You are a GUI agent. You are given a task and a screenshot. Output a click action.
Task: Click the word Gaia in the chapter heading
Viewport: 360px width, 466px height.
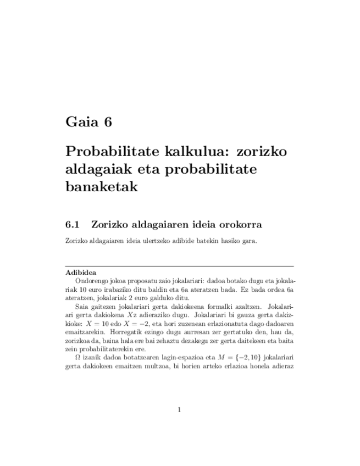tap(80, 121)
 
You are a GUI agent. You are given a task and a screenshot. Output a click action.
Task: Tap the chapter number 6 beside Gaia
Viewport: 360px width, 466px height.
tap(108, 121)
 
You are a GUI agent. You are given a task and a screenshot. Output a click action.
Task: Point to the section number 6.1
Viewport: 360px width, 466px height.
tap(73, 225)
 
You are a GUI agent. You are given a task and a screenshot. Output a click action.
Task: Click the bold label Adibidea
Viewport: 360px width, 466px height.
tap(81, 272)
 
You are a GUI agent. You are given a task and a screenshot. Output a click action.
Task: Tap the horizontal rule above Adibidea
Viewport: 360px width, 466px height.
tap(179, 266)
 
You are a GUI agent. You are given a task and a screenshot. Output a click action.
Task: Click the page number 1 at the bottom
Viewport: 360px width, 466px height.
tap(179, 409)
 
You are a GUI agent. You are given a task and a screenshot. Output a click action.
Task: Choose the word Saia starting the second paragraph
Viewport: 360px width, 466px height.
tap(82, 306)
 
